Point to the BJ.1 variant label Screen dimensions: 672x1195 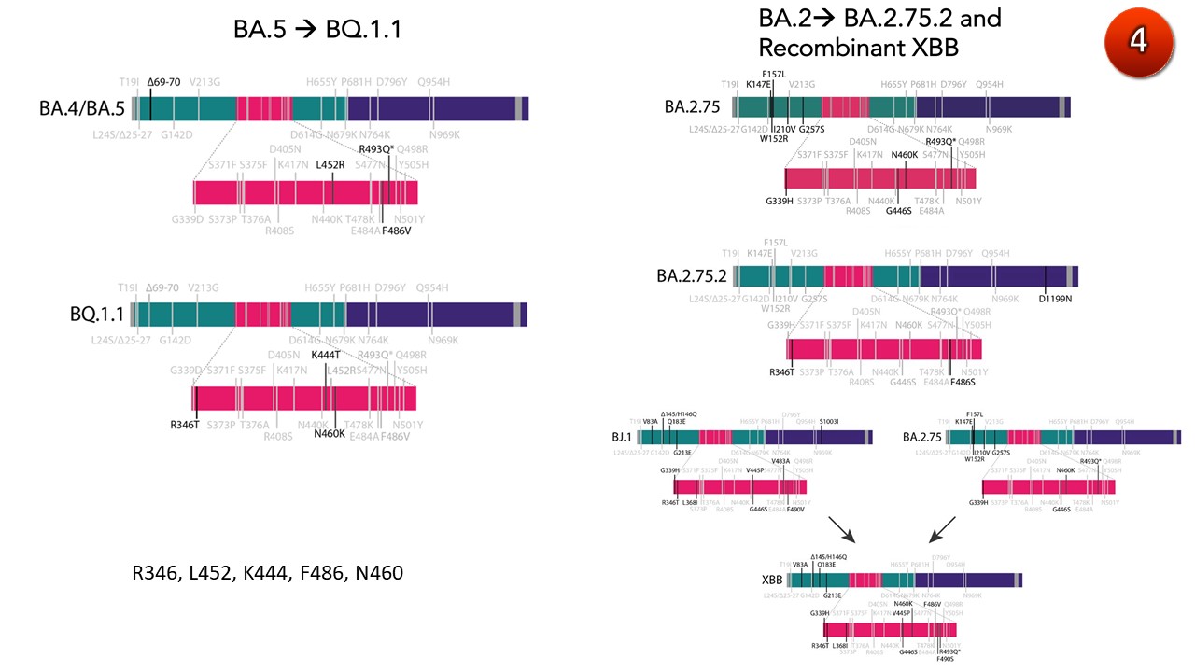tap(622, 436)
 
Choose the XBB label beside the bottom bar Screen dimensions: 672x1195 tap(772, 580)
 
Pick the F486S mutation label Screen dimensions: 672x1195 tap(963, 382)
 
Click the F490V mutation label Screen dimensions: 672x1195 tap(795, 510)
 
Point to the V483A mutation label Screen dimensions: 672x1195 tap(780, 460)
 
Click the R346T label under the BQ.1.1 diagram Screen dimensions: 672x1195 tap(185, 425)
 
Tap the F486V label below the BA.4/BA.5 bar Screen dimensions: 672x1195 tap(396, 231)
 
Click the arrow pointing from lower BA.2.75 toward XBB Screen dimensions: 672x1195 tap(942, 531)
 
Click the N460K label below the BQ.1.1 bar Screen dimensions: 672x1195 tap(330, 433)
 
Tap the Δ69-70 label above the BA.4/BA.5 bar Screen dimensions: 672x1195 tap(163, 82)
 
